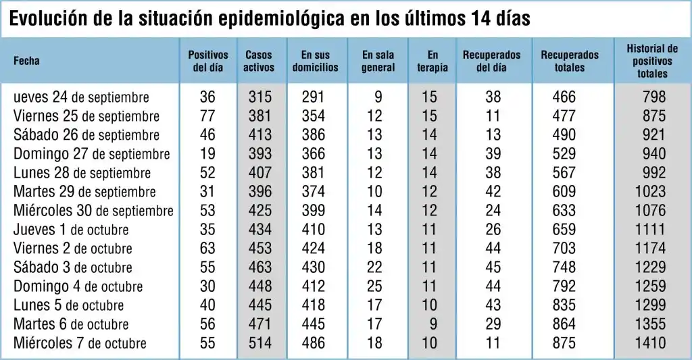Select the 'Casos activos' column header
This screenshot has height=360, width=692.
259,61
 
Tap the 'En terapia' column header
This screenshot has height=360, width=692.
432,61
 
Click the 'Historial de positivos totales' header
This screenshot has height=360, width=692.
652,61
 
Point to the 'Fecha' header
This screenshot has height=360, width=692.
27,61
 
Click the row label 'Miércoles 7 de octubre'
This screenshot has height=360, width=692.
80,343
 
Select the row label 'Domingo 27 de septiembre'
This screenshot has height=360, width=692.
91,153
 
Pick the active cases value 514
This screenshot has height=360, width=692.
259,343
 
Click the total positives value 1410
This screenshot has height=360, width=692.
651,343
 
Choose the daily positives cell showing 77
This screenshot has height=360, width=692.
207,115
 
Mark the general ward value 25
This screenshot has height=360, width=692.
374,286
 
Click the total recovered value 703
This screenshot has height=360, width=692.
564,249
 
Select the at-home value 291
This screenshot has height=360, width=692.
313,97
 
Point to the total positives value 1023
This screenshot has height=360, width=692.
651,192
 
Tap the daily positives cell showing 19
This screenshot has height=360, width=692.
207,153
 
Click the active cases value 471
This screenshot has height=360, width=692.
259,324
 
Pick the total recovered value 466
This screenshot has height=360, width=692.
564,97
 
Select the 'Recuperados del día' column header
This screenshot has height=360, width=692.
492,61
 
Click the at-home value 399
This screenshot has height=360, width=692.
313,211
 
